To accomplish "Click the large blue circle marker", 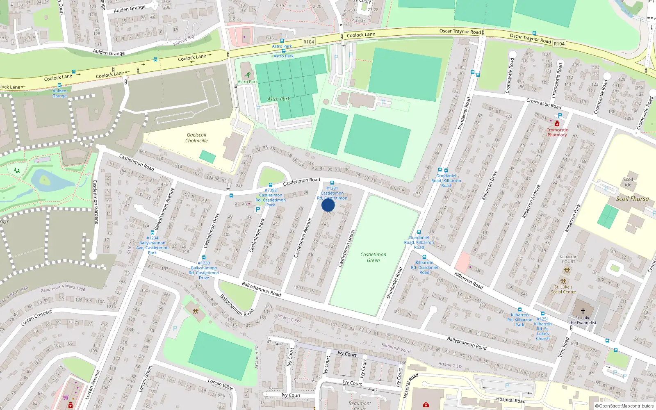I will tap(328, 205).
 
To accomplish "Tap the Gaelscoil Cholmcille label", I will tap(196, 138).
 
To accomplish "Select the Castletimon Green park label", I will tap(373, 257).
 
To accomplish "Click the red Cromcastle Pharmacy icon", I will tap(557, 124).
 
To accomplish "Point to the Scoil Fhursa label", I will tap(632, 199).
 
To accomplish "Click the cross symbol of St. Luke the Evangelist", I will tap(583, 311).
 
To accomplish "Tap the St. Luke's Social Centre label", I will tap(563, 289).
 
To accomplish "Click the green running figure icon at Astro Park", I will tap(248, 75).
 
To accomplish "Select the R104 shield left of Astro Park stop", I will tap(308, 42).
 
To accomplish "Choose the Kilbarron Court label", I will tap(568, 259).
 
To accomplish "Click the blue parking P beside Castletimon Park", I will tap(258, 210).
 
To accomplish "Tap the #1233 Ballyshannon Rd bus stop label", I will tap(204, 270).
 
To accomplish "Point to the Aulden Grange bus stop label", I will tap(59, 93).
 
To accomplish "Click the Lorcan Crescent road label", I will tap(37, 318).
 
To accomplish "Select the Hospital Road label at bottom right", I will tap(510, 400).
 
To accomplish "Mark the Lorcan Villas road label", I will tap(220, 384).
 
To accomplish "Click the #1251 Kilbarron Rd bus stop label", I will tap(542, 329).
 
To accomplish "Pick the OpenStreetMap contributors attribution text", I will tap(624, 406).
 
